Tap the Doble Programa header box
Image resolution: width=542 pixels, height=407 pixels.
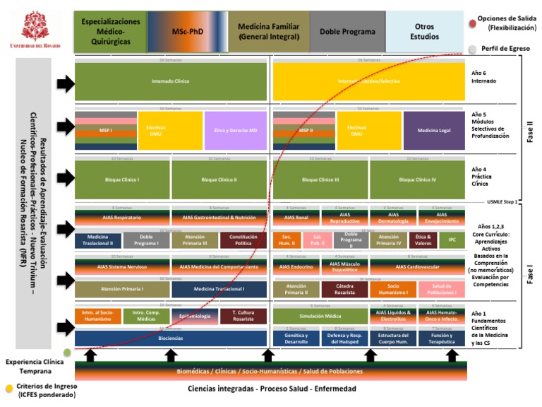click(x=347, y=32)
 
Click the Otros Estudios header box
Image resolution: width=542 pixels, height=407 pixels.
click(x=425, y=32)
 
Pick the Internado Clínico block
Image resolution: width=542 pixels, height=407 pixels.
click(x=171, y=81)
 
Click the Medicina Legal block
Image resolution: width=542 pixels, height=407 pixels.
click(x=434, y=131)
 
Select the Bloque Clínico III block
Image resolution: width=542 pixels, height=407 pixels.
click(x=320, y=180)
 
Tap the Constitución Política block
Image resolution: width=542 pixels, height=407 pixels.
click(x=243, y=240)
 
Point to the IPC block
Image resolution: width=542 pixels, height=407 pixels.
click(x=452, y=240)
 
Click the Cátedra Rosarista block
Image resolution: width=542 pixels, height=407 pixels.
click(x=344, y=289)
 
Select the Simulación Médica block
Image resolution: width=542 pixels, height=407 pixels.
click(x=320, y=316)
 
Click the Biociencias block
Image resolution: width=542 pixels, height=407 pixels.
click(x=171, y=338)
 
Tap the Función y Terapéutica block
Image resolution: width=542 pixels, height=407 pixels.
click(x=441, y=338)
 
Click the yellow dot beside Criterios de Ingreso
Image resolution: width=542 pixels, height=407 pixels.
click(x=8, y=388)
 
